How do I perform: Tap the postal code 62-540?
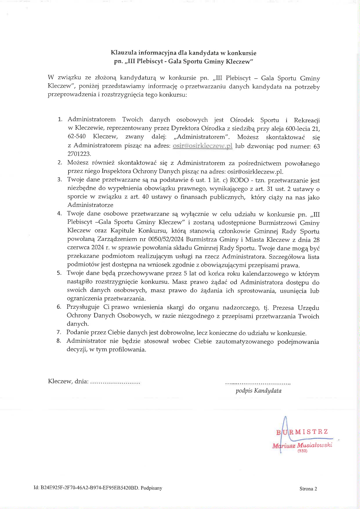click(x=77, y=136)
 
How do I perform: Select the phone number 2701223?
click(x=79, y=154)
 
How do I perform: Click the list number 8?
click(x=59, y=341)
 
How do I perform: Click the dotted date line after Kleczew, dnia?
click(x=115, y=382)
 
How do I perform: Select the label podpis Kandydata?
click(x=258, y=391)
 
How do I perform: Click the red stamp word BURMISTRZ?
click(x=302, y=432)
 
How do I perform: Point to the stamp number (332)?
click(x=302, y=451)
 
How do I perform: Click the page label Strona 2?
click(x=308, y=489)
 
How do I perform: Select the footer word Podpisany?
click(x=151, y=488)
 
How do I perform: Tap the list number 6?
click(x=59, y=307)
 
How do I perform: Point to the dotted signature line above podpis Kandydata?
click(x=258, y=384)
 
